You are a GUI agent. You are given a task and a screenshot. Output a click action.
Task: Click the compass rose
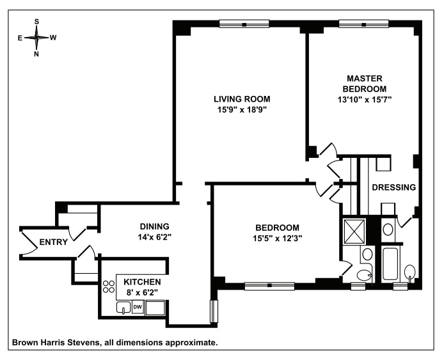(36, 38)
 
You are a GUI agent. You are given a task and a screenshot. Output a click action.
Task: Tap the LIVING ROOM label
(242, 99)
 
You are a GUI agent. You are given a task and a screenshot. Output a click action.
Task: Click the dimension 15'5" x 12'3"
(277, 238)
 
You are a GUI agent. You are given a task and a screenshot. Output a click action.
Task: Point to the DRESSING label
(394, 187)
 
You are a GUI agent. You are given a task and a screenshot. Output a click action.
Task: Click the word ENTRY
(54, 242)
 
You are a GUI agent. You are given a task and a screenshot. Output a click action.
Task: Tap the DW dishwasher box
(138, 308)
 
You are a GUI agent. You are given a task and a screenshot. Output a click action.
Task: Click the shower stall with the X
(354, 230)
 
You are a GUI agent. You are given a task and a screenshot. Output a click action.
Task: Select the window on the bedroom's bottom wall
(269, 285)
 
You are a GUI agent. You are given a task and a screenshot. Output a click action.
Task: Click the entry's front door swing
(30, 242)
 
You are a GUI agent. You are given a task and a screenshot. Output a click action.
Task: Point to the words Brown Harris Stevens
(57, 342)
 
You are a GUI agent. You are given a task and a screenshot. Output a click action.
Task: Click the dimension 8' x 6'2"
(141, 292)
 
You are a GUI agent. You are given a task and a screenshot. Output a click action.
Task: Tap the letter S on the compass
(36, 21)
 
